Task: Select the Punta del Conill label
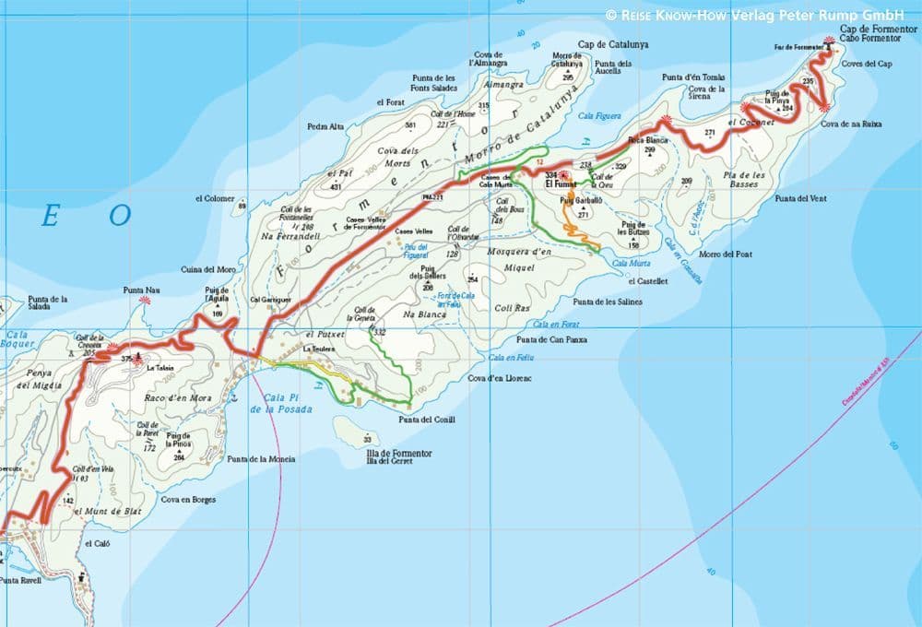pos(427,420)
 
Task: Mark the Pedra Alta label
pos(325,126)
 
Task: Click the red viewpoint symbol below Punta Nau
pos(145,301)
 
